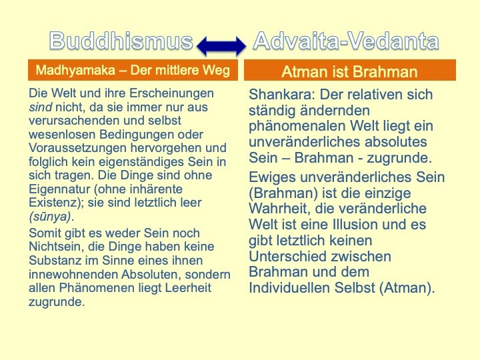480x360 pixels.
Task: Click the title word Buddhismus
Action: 121,41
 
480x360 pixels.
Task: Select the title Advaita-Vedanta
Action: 346,41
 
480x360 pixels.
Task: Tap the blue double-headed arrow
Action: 221,46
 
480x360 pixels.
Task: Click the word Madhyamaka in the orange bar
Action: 75,70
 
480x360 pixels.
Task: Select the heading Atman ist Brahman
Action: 349,71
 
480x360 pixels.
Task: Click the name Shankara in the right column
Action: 281,94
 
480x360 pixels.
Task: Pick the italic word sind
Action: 41,107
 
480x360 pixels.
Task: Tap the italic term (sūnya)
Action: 50,217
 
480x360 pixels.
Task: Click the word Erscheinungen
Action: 171,94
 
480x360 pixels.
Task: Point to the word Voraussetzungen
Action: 78,148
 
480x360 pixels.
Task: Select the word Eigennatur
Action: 59,189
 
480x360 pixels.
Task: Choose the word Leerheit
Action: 188,288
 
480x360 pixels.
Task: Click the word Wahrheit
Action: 280,209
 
